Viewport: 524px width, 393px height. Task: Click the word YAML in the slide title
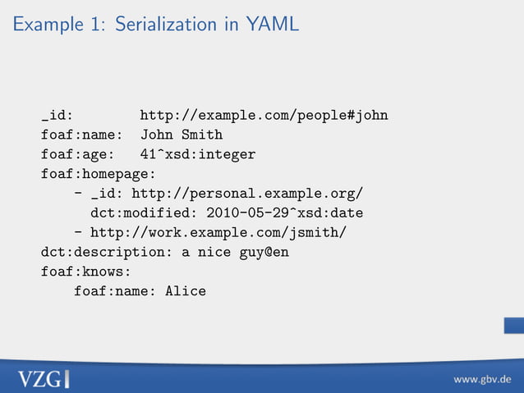pyautogui.click(x=272, y=25)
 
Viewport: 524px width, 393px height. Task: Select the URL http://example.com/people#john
pyautogui.click(x=264, y=115)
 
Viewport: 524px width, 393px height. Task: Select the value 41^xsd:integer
pyautogui.click(x=198, y=154)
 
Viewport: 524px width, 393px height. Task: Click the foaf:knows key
pyautogui.click(x=86, y=272)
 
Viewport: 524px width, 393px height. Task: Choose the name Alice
pyautogui.click(x=186, y=291)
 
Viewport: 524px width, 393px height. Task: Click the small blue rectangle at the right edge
pyautogui.click(x=514, y=327)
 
